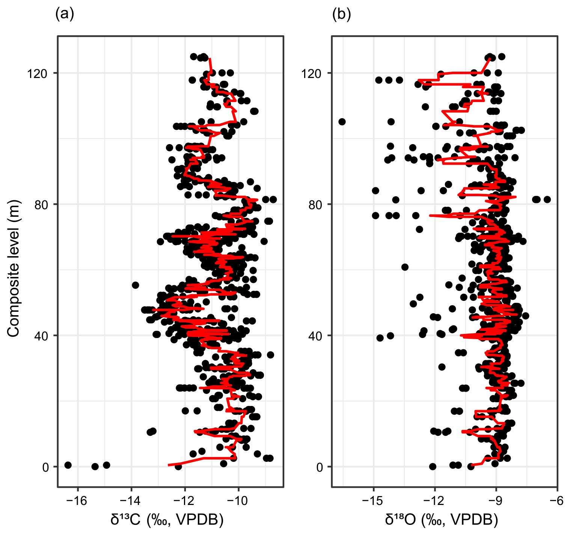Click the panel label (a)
click(x=65, y=14)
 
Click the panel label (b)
click(x=342, y=14)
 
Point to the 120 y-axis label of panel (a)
click(x=37, y=74)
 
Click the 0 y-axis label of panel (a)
click(x=45, y=467)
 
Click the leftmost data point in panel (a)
click(x=68, y=465)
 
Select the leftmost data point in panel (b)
click(x=342, y=122)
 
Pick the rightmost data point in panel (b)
click(x=547, y=199)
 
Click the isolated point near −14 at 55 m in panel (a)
click(x=135, y=285)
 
